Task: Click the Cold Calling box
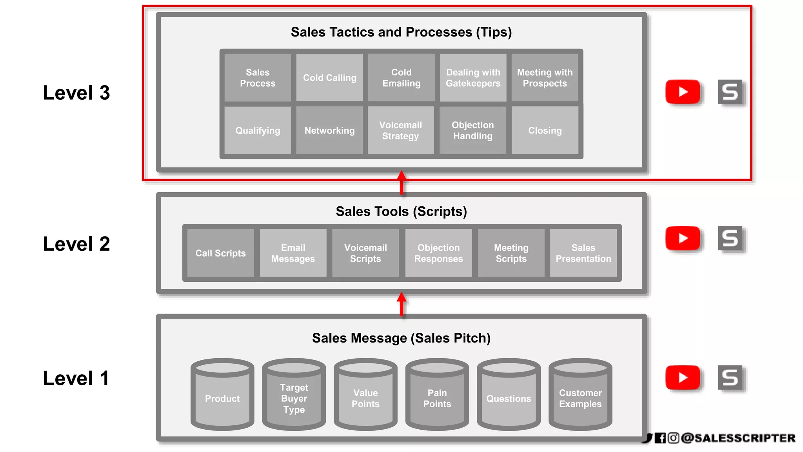(329, 78)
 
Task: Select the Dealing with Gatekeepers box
(473, 78)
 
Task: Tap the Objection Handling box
(473, 130)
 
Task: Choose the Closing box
(545, 130)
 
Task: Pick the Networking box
(329, 130)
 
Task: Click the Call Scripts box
(220, 253)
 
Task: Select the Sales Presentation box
(583, 253)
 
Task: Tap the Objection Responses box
(438, 253)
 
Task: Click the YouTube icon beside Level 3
(683, 92)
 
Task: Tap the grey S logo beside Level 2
(730, 238)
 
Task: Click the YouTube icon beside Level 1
(683, 377)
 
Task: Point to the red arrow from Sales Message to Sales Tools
(401, 304)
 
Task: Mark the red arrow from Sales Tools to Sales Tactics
(401, 182)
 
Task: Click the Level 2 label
(76, 244)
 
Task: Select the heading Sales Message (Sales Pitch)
(401, 338)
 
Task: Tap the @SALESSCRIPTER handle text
(738, 438)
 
